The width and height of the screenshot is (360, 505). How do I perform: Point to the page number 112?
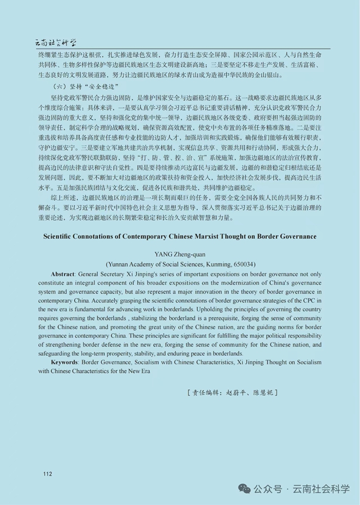[48, 473]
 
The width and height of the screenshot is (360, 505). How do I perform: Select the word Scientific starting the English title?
[61, 236]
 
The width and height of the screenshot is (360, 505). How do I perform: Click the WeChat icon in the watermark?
[246, 488]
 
